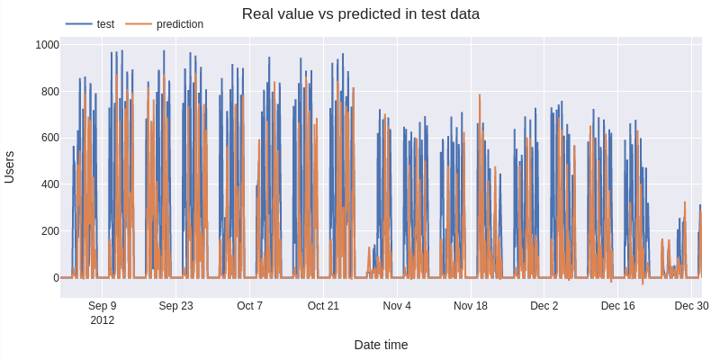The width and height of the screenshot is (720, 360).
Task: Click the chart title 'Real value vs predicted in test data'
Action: [x=360, y=14]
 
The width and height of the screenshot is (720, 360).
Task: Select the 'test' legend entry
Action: [x=104, y=24]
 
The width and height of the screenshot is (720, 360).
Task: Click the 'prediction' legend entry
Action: [x=179, y=24]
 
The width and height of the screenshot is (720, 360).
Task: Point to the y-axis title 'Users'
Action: [x=10, y=166]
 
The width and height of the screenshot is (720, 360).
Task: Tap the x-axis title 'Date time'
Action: [x=381, y=345]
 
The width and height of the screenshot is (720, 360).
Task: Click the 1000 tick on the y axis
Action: [x=47, y=45]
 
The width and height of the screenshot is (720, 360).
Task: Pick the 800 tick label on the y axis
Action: [x=49, y=92]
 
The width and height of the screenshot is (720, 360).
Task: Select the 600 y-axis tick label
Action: [x=49, y=138]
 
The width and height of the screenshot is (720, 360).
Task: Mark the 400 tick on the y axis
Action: [x=49, y=184]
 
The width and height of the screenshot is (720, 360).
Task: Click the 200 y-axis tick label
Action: [x=49, y=231]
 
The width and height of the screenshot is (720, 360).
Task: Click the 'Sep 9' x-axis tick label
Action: [x=103, y=306]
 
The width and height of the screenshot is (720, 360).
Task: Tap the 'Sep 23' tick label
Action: [x=175, y=306]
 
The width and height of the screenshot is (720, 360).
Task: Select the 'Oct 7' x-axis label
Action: [x=249, y=306]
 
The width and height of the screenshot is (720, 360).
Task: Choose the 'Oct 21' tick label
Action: [x=323, y=306]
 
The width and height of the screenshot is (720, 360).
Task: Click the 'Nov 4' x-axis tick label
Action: [x=397, y=306]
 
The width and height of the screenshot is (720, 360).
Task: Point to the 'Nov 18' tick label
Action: [x=471, y=306]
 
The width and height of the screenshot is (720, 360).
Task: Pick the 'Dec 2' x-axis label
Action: [x=544, y=306]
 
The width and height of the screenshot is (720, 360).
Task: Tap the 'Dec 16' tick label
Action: [x=617, y=306]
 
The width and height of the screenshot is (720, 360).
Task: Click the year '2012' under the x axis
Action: [x=103, y=319]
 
